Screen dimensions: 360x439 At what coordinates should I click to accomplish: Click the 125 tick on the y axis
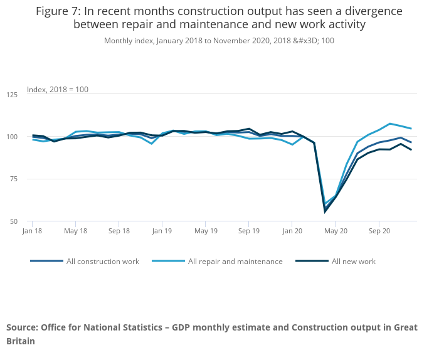pyautogui.click(x=12, y=95)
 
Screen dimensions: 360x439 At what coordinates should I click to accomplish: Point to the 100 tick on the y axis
pyautogui.click(x=12, y=137)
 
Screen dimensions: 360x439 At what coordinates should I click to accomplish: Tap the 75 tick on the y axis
pyautogui.click(x=14, y=179)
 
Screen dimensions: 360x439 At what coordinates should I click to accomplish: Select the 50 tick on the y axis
pyautogui.click(x=14, y=221)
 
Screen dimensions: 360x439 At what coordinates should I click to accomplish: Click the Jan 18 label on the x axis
pyautogui.click(x=33, y=231)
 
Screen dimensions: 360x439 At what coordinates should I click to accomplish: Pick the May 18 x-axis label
pyautogui.click(x=75, y=231)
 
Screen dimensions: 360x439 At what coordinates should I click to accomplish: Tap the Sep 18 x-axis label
pyautogui.click(x=119, y=231)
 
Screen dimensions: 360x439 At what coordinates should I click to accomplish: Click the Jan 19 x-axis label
pyautogui.click(x=162, y=231)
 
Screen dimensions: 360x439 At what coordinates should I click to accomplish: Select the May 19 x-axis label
pyautogui.click(x=206, y=231)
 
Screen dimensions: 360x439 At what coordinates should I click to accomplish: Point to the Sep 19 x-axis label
pyautogui.click(x=248, y=231)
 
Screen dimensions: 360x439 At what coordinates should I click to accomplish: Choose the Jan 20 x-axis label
pyautogui.click(x=292, y=231)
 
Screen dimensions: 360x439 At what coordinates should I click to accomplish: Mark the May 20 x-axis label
pyautogui.click(x=336, y=231)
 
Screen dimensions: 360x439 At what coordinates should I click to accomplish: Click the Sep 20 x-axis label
pyautogui.click(x=379, y=231)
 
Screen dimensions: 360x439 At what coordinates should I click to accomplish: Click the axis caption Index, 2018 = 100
pyautogui.click(x=58, y=90)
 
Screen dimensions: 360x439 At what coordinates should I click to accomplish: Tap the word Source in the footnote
pyautogui.click(x=22, y=327)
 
